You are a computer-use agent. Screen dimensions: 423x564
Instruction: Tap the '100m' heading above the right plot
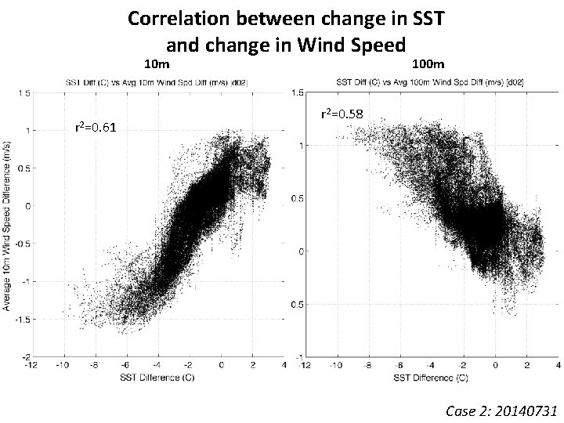point(428,63)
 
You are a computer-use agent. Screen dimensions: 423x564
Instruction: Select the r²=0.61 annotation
point(96,128)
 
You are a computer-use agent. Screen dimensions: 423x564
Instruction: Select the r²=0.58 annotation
point(342,115)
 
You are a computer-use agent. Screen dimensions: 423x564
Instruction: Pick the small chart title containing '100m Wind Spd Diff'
point(431,81)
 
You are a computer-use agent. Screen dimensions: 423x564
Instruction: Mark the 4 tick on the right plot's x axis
point(557,365)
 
